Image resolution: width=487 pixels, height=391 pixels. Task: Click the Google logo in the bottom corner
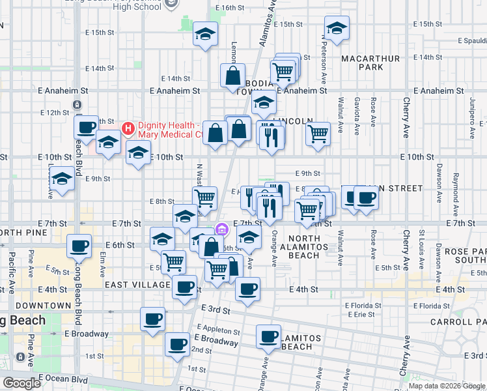tap(21, 383)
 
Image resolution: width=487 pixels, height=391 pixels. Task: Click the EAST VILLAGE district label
tap(138, 285)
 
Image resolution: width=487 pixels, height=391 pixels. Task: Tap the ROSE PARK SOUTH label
tap(462, 256)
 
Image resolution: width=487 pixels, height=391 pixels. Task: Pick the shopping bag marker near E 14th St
tap(232, 76)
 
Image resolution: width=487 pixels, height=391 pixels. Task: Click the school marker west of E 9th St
tap(62, 178)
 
